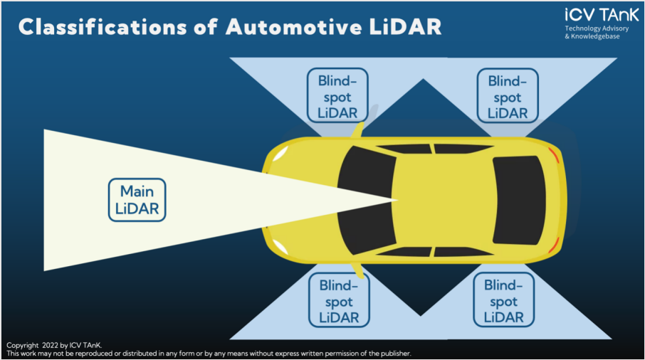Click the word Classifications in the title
(x=103, y=27)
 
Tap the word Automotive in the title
(x=294, y=27)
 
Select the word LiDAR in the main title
(x=405, y=27)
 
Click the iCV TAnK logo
(x=602, y=15)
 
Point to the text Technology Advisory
(x=597, y=28)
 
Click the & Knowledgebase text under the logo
(x=592, y=36)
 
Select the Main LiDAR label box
(x=137, y=200)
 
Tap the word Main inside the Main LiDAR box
(x=137, y=191)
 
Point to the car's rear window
(x=520, y=200)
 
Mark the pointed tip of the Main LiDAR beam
(x=398, y=200)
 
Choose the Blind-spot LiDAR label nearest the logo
(x=508, y=96)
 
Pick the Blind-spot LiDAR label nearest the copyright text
(x=339, y=300)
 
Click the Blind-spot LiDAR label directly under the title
(x=337, y=95)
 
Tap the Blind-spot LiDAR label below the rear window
(x=503, y=300)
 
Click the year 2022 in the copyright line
(x=50, y=345)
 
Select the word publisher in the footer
(x=395, y=354)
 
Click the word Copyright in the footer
(x=22, y=346)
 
